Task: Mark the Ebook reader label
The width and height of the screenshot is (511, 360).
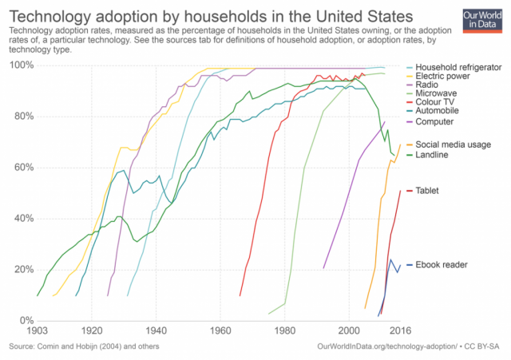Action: pos(443,264)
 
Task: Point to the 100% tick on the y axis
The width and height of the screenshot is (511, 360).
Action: pos(20,65)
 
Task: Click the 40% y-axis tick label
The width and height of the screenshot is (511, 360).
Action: pos(22,218)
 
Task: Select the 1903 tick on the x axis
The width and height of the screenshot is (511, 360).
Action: pos(37,329)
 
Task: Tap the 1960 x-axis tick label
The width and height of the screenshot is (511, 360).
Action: pos(220,329)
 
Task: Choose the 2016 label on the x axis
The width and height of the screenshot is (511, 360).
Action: pos(400,329)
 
